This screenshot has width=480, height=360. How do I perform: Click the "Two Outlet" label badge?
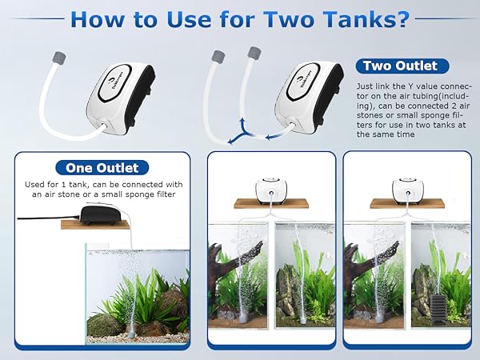(400, 66)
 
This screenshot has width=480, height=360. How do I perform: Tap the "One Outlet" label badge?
(102, 168)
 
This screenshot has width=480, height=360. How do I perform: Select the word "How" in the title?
(100, 20)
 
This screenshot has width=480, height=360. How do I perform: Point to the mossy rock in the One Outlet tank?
(105, 324)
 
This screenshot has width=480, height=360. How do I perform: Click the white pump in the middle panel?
(270, 190)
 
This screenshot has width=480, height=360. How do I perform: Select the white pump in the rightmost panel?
(406, 190)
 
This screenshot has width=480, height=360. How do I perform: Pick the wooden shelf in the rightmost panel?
(406, 204)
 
